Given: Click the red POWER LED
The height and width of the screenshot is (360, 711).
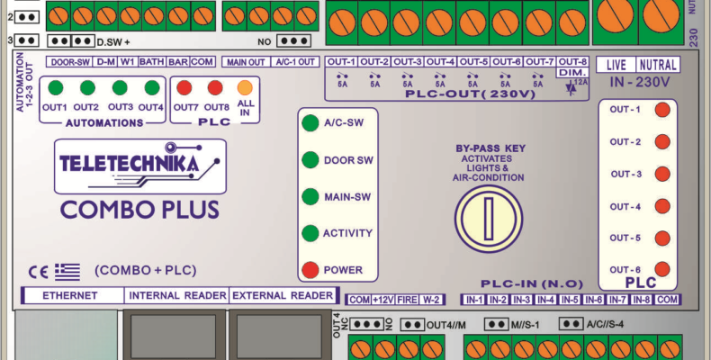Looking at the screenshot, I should pyautogui.click(x=310, y=270).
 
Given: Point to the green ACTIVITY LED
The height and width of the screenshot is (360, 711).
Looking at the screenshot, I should pyautogui.click(x=310, y=234).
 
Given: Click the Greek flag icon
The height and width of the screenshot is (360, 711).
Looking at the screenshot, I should pyautogui.click(x=67, y=270).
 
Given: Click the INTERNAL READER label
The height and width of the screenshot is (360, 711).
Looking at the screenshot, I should pyautogui.click(x=176, y=295).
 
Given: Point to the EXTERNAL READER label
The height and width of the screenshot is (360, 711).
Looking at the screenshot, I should pyautogui.click(x=283, y=295).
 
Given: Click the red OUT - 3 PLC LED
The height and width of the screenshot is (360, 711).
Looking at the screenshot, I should pyautogui.click(x=661, y=175).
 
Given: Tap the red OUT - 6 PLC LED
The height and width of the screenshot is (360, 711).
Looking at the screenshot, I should pyautogui.click(x=661, y=269).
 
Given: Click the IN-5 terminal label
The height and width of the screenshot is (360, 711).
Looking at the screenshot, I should pyautogui.click(x=569, y=299).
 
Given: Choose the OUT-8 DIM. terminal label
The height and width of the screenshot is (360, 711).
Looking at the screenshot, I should pyautogui.click(x=573, y=66).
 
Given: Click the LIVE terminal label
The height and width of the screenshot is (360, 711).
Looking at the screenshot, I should pyautogui.click(x=616, y=65).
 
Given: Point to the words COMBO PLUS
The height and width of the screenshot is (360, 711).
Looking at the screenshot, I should pyautogui.click(x=139, y=210).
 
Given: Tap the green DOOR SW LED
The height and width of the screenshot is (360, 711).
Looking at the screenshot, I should pyautogui.click(x=310, y=160).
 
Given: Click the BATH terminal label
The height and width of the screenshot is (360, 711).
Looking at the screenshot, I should pyautogui.click(x=151, y=61).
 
